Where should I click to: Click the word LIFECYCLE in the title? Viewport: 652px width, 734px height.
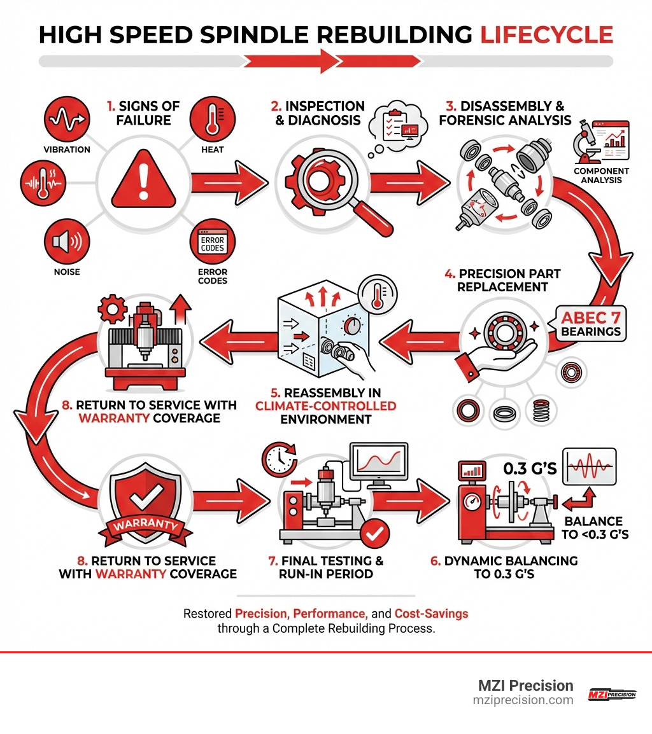(546, 34)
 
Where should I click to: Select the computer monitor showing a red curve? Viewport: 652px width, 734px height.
(379, 463)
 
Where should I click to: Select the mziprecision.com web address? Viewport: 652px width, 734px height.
(523, 700)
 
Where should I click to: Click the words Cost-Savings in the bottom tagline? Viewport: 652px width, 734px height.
(431, 614)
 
